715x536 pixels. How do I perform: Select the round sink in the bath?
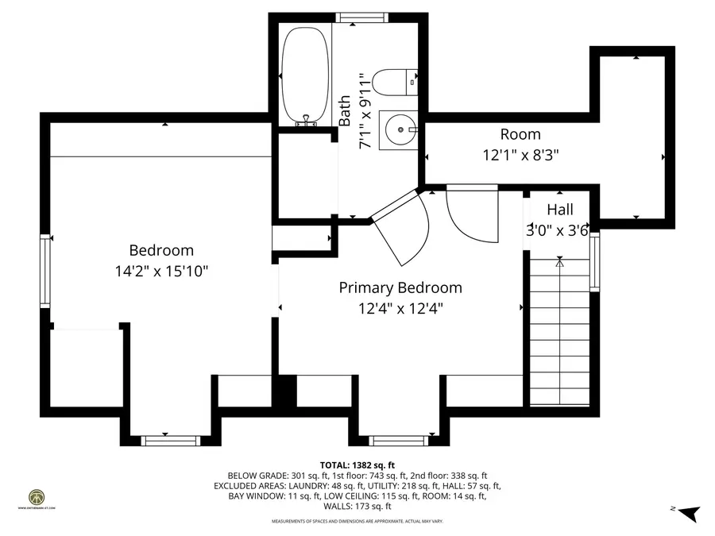397,129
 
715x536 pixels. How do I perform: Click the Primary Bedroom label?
400,287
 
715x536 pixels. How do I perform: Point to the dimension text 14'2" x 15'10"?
162,271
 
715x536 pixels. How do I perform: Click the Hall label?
559,210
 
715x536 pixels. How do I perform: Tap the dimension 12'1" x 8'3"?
520,156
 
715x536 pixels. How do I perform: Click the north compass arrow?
688,512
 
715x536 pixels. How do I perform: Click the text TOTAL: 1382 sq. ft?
357,465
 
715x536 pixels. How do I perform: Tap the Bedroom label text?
162,249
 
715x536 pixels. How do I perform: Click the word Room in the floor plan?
520,134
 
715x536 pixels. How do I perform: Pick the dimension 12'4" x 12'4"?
400,308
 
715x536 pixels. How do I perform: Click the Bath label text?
345,111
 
